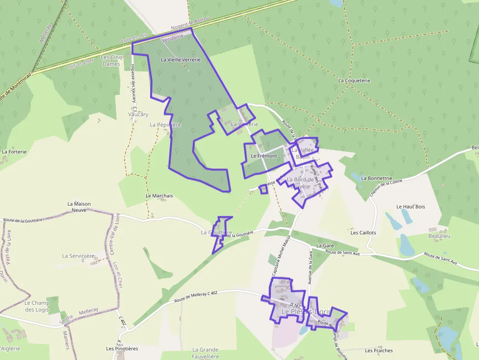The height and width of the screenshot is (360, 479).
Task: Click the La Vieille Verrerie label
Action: tap(180, 60)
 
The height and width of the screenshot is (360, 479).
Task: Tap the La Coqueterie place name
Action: tap(354, 80)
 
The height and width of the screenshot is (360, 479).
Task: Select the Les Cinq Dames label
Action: tap(110, 61)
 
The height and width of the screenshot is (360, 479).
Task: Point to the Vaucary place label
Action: tap(138, 114)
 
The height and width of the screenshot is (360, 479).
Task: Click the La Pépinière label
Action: tap(165, 125)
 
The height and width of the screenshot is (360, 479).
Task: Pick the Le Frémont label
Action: tap(263, 156)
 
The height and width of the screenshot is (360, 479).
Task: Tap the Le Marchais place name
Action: tap(159, 196)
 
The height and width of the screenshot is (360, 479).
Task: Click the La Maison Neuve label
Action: tap(79, 207)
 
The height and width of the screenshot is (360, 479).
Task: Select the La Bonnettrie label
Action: tap(377, 178)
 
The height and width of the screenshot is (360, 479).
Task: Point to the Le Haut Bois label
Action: tap(411, 207)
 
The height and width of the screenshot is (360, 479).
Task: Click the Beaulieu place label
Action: tap(438, 236)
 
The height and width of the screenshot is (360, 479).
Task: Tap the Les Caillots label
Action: tap(363, 233)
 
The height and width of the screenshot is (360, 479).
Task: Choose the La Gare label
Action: tap(325, 245)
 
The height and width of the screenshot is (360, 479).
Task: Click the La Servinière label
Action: tap(78, 256)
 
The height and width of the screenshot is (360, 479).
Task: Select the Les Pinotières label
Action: tap(122, 349)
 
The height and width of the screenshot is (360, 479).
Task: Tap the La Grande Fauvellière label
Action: tap(205, 353)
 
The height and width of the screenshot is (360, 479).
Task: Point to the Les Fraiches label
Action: tap(379, 350)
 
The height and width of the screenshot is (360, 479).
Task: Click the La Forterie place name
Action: tap(14, 151)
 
